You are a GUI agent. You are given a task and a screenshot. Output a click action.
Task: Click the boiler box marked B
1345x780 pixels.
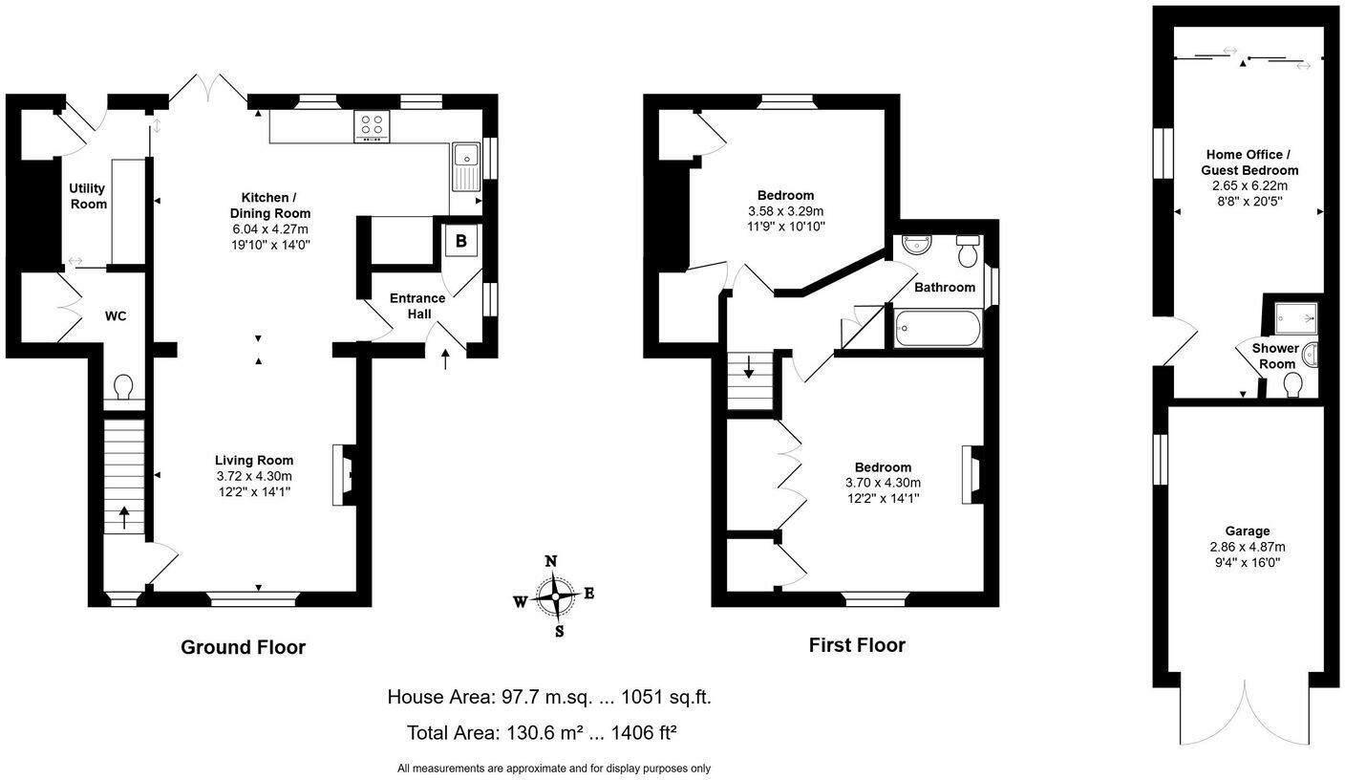(x=460, y=241)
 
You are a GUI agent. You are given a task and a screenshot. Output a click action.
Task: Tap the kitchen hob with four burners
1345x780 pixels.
(x=373, y=125)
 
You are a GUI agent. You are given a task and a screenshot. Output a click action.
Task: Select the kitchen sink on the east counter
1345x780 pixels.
(x=466, y=162)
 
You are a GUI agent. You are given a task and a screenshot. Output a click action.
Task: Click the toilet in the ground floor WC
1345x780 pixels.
(x=123, y=388)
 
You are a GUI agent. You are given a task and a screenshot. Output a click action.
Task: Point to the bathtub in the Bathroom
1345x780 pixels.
(x=937, y=329)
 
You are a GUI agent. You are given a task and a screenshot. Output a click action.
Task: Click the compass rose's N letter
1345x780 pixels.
(x=550, y=561)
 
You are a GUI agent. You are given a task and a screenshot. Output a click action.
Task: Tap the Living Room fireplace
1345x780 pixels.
(x=342, y=475)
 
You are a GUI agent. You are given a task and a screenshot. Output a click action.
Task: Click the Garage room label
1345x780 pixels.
(x=1248, y=531)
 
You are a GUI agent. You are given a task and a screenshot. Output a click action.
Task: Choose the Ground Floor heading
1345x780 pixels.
(x=244, y=648)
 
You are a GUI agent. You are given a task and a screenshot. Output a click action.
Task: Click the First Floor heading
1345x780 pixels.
(x=857, y=645)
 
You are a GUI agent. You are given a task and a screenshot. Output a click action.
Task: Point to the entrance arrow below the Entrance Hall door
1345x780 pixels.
(x=446, y=359)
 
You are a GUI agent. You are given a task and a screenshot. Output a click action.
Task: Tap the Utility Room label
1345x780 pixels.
(x=88, y=196)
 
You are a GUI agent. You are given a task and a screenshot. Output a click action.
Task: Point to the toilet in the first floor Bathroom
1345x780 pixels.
(x=968, y=252)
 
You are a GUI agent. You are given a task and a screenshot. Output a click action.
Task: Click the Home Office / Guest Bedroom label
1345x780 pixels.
(x=1249, y=162)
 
